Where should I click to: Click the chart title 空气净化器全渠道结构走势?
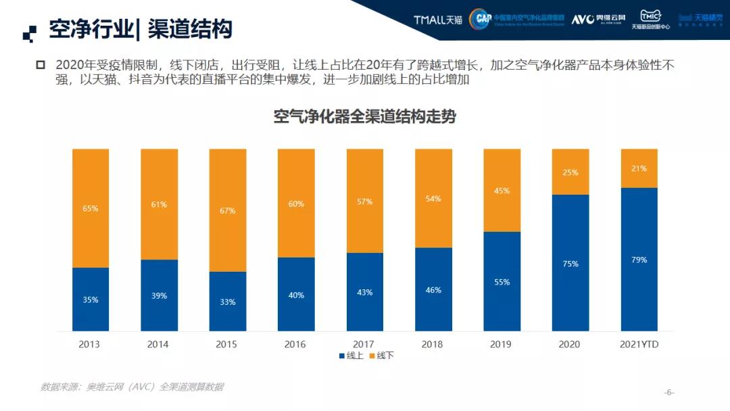point(364,116)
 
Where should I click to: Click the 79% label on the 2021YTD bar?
point(639,260)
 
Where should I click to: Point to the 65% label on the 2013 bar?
point(91,208)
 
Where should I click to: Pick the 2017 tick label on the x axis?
point(364,344)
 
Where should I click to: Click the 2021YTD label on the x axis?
point(639,344)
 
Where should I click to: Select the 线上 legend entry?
point(351,356)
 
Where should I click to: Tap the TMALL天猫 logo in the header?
point(437,20)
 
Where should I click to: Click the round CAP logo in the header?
point(481,19)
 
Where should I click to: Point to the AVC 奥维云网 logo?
point(598,20)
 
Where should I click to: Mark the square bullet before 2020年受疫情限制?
point(40,65)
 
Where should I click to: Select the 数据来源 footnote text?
point(132,387)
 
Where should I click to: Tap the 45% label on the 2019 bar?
point(502,191)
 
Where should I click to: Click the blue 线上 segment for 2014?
point(160,295)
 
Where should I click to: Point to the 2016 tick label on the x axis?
point(295,344)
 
